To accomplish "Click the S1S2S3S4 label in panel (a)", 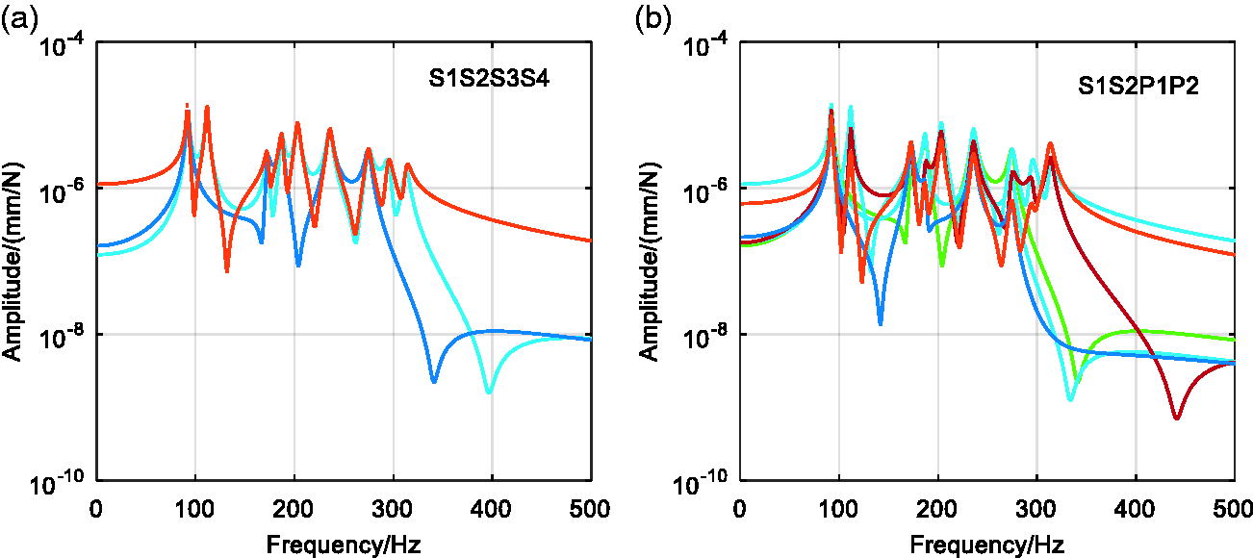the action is (489, 78).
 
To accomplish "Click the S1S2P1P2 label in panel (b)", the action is (1138, 86).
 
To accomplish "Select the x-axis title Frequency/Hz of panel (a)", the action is (344, 544).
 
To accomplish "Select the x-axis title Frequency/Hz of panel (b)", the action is (987, 544).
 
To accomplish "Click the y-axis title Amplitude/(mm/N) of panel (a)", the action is (13, 262).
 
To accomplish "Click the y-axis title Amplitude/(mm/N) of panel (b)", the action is (649, 262).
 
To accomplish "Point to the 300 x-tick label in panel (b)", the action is (1036, 509).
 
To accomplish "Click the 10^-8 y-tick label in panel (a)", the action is (62, 338).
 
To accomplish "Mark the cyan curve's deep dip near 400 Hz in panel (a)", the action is (489, 392).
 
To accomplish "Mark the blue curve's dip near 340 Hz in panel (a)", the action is (434, 381).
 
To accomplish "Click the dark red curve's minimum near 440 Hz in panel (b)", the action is (1177, 418).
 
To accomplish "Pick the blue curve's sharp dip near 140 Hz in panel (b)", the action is (881, 322).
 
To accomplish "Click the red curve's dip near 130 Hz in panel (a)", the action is (227, 270).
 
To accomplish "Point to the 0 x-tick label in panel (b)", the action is (740, 509).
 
